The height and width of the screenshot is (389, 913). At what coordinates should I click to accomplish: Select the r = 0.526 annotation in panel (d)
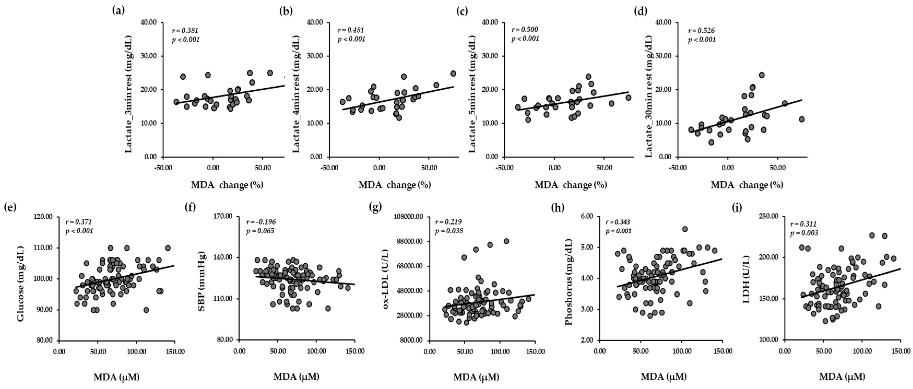click(x=701, y=31)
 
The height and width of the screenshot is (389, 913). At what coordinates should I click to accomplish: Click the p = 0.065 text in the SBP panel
click(x=260, y=231)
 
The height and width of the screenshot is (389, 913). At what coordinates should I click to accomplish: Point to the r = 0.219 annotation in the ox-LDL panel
click(x=448, y=222)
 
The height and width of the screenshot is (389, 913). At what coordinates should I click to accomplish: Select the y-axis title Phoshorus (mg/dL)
click(x=569, y=282)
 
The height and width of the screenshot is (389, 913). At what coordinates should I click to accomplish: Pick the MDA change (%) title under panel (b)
click(x=394, y=185)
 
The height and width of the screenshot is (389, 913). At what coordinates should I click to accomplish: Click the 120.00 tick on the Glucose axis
click(x=44, y=217)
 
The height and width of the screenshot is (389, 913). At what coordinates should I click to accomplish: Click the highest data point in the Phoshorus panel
click(x=685, y=229)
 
